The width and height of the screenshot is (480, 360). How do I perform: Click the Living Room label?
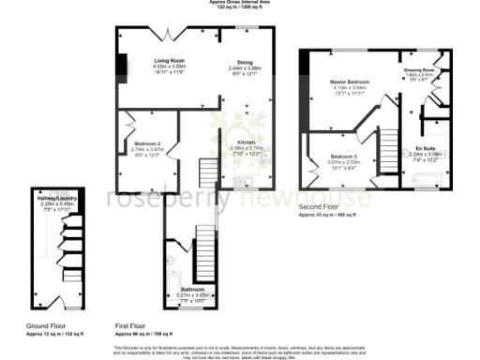[x=170, y=61]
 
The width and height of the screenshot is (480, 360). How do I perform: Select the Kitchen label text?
[x=233, y=142]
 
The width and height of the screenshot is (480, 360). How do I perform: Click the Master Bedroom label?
[x=350, y=82]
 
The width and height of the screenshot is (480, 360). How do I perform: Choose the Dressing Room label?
[x=418, y=70]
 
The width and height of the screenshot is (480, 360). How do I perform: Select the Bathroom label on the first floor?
[x=192, y=290]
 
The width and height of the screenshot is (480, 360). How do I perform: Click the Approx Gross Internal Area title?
[x=239, y=4]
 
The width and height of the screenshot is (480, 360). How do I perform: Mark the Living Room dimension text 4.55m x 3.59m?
[x=170, y=67]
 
